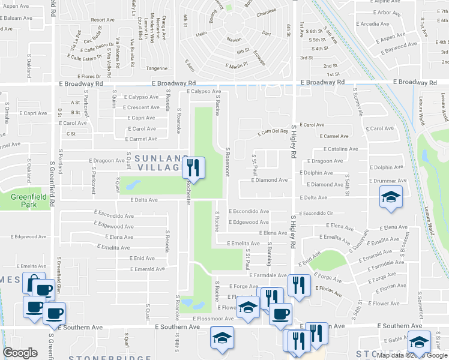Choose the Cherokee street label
(x=266, y=11)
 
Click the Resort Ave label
(x=103, y=20)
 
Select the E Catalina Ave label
(x=340, y=149)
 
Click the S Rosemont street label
(x=228, y=162)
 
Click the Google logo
(x=20, y=353)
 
